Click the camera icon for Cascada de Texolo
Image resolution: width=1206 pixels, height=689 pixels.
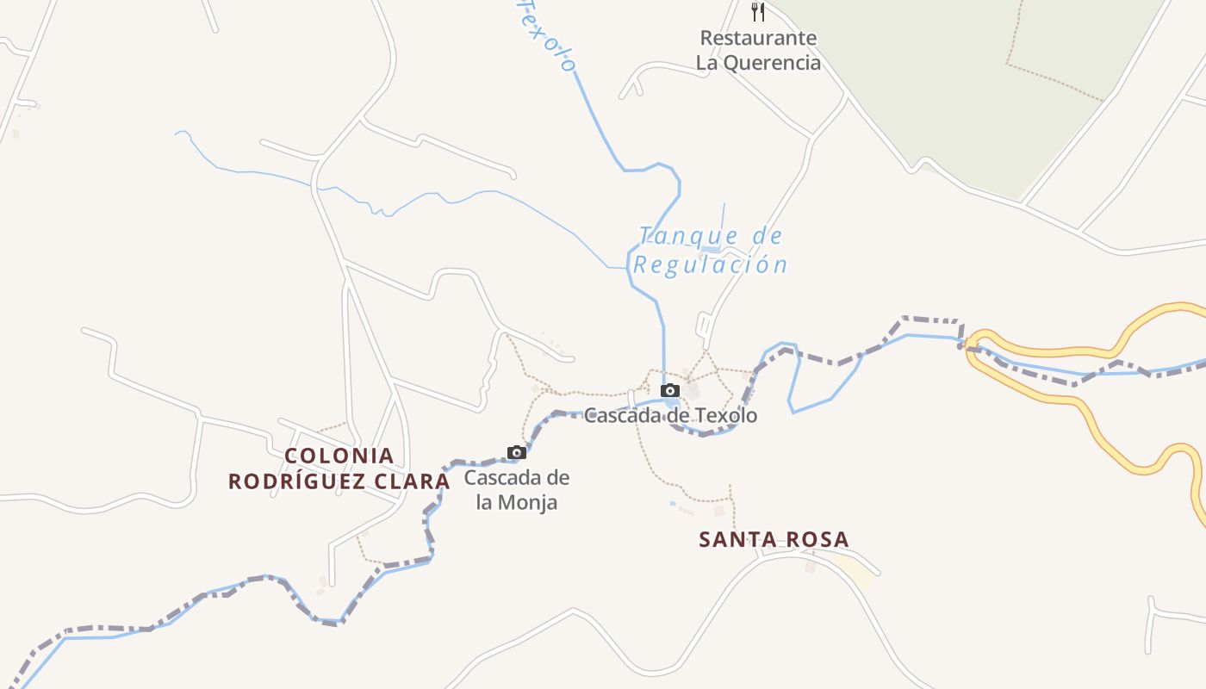[669, 390]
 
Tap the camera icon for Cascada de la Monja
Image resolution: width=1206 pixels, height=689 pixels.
[516, 452]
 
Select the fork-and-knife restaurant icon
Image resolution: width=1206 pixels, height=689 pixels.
[758, 11]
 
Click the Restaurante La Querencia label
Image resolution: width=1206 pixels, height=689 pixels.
[758, 50]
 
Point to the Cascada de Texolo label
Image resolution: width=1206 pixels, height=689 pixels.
[671, 416]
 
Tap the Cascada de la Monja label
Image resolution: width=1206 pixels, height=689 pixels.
[517, 489]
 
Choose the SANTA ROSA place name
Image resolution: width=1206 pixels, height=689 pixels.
[774, 540]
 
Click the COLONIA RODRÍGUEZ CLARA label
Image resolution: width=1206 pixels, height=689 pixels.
[339, 469]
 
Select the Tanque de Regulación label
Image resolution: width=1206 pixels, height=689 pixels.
[711, 250]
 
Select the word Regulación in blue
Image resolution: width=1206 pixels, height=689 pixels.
[711, 264]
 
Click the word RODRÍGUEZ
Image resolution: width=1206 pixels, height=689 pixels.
[296, 481]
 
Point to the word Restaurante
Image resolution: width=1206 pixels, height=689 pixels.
[758, 38]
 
